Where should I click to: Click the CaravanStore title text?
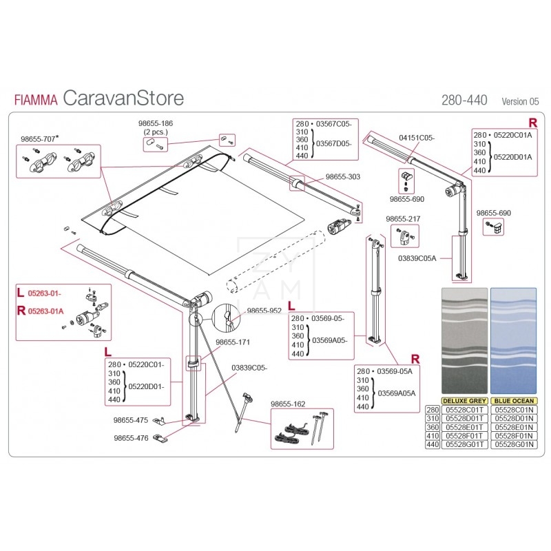[123, 98]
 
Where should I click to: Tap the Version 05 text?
[520, 101]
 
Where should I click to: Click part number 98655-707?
[37, 138]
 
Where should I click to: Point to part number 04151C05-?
[417, 138]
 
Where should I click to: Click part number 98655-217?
[402, 219]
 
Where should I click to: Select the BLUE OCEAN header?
[512, 400]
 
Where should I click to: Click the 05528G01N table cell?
[512, 444]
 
